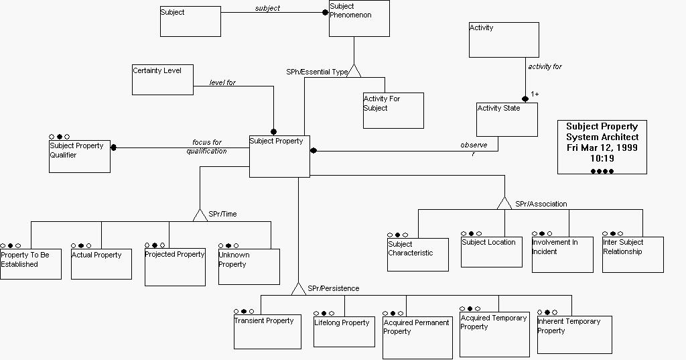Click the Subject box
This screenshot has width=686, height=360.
coord(190,21)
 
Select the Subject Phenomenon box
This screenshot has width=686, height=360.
coord(359,19)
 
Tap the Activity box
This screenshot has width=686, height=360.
coord(503,40)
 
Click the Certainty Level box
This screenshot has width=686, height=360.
coord(163,80)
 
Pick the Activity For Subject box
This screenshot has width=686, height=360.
coord(393,110)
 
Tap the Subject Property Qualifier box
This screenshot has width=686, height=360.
coord(79,156)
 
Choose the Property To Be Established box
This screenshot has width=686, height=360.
coord(31,264)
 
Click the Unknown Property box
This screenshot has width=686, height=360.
coord(249,266)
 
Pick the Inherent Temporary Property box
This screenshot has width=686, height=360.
coord(574,335)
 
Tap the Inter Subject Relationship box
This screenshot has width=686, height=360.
coord(632,255)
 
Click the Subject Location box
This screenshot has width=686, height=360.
coord(491,251)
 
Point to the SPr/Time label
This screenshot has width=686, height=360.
coord(222,215)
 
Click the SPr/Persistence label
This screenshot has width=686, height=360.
coord(333,289)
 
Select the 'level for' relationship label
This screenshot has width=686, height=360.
coord(222,83)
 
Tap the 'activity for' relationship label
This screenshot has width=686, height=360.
coord(545,67)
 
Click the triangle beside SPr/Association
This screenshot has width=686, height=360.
coord(504,203)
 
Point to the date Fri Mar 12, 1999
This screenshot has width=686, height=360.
coord(602,147)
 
